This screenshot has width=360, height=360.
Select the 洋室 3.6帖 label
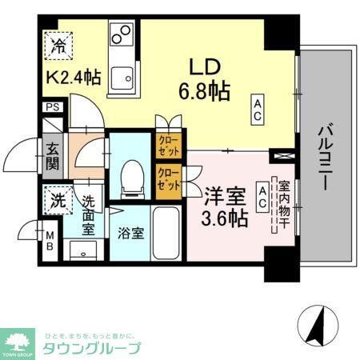click(x=225, y=205)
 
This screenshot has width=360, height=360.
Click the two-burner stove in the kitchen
click(x=123, y=35)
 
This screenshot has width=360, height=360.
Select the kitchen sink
click(x=123, y=78)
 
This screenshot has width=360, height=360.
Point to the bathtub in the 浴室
click(x=169, y=233)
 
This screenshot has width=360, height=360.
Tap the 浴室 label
click(x=130, y=235)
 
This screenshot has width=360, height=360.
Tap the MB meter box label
click(x=50, y=240)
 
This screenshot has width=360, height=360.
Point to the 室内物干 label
click(x=283, y=205)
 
